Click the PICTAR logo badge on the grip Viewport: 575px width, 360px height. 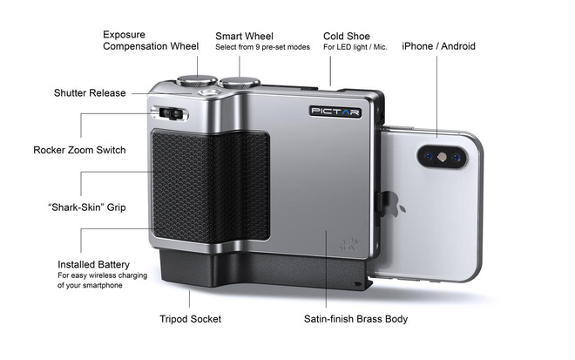click(335, 112)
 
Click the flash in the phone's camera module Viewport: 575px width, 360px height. click(443, 157)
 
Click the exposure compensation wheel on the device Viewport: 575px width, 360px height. click(197, 80)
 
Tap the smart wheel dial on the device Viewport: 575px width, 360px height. click(240, 82)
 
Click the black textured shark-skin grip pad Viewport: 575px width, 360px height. click(211, 186)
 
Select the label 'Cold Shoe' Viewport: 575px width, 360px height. click(347, 36)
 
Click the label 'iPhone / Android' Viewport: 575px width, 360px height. click(438, 46)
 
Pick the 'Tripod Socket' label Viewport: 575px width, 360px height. click(190, 319)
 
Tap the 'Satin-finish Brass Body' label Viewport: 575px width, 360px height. click(355, 319)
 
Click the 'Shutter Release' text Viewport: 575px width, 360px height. click(90, 93)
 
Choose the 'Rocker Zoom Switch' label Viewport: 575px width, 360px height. click(79, 150)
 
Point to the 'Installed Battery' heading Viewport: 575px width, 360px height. click(93, 265)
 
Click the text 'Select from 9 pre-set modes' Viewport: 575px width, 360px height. click(262, 47)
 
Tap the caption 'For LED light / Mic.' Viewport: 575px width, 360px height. click(355, 47)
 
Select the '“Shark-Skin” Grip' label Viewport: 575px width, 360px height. click(87, 207)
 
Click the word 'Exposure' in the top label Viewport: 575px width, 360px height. click(124, 35)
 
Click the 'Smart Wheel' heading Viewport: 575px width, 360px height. click(244, 36)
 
